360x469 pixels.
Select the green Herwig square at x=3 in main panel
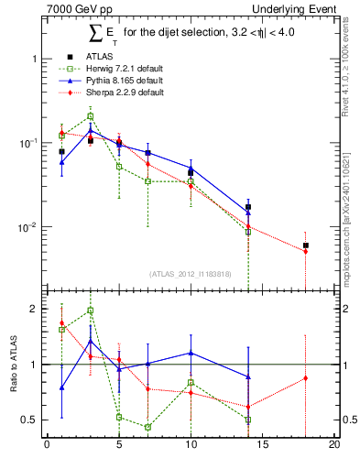(x=90, y=116)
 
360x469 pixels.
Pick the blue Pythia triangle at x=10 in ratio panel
(x=191, y=353)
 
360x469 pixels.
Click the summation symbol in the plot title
(x=94, y=34)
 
